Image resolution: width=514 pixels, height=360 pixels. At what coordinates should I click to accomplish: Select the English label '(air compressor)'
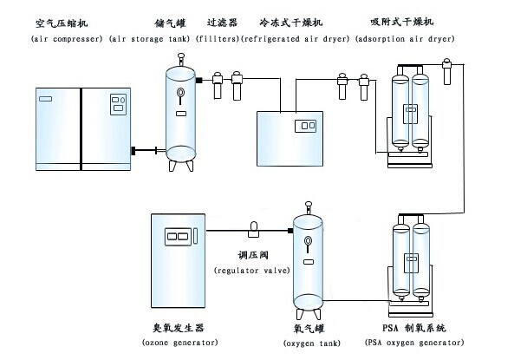66,40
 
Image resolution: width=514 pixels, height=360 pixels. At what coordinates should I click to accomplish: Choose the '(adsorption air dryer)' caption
405,40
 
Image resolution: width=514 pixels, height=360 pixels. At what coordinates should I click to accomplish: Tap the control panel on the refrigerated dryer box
305,127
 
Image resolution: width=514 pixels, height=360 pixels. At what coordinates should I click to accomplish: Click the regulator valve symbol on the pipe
255,229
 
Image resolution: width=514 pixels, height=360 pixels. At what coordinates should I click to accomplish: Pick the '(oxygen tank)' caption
309,344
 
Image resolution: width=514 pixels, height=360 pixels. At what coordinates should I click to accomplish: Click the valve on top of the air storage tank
180,59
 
